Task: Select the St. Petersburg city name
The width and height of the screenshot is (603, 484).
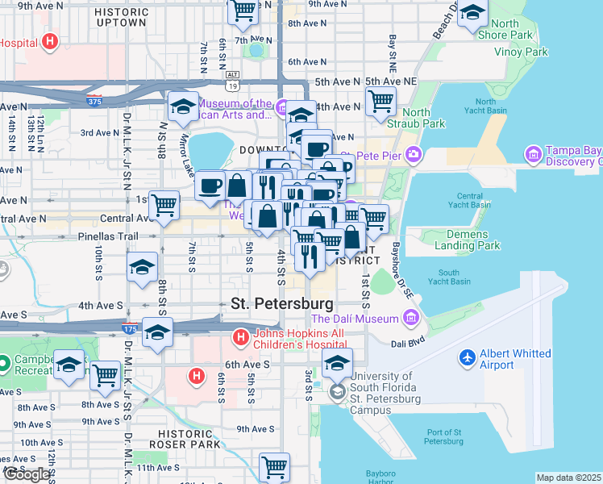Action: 281,304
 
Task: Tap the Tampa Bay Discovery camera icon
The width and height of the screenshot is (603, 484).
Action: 532,153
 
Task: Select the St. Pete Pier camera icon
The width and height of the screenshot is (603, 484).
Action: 414,154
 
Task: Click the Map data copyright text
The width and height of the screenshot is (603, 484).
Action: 568,478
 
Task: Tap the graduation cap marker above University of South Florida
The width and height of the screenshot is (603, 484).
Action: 337,361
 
